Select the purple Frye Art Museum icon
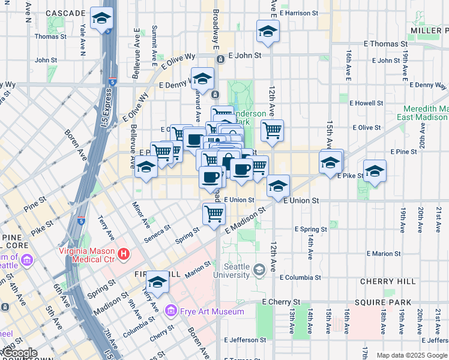tap(170, 311)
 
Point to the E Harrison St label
tap(298, 13)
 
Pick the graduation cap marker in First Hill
tap(158, 283)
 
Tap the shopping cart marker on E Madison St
tap(214, 214)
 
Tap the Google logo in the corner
tap(19, 353)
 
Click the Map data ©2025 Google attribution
tap(411, 355)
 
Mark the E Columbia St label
tap(300, 278)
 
